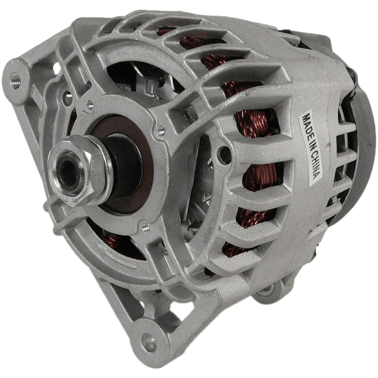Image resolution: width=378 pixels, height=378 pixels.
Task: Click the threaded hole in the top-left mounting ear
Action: pos(15,74)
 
